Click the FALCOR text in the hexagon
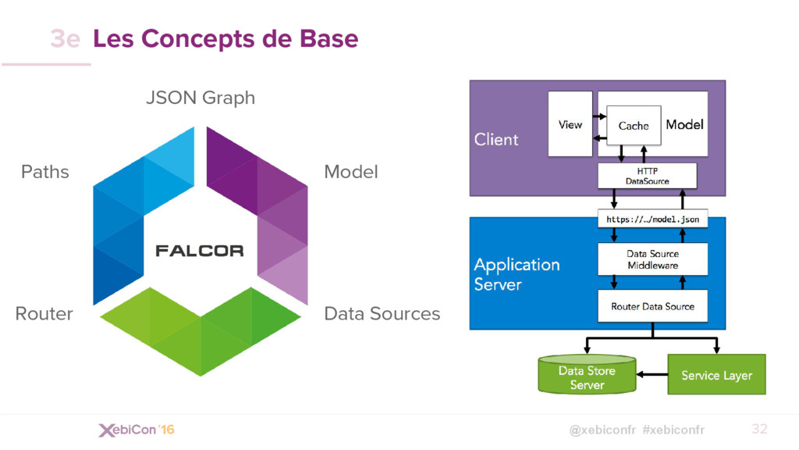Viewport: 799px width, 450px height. pos(199,251)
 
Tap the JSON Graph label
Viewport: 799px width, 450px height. pos(201,98)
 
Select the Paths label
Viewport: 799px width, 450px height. pos(44,172)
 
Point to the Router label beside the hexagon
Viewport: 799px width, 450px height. pos(44,313)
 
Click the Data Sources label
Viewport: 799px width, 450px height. pos(382,313)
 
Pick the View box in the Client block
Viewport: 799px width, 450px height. pos(570,124)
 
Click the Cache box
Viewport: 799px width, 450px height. pos(634,126)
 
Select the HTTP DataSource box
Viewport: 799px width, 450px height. pos(647,176)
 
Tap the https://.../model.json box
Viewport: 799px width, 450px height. pos(653,220)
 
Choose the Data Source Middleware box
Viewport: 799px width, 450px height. pos(653,259)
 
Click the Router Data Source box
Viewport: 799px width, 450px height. pos(653,306)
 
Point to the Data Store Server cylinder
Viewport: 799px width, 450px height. pos(587,374)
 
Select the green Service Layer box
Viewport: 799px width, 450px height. pos(716,374)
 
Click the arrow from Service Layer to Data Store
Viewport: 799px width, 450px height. pos(652,374)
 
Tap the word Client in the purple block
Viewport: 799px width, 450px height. pos(496,139)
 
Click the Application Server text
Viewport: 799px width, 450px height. pos(517,274)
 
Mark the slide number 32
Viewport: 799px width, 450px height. pos(759,429)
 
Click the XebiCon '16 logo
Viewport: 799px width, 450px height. pos(137,430)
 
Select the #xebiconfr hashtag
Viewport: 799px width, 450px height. pos(673,430)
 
